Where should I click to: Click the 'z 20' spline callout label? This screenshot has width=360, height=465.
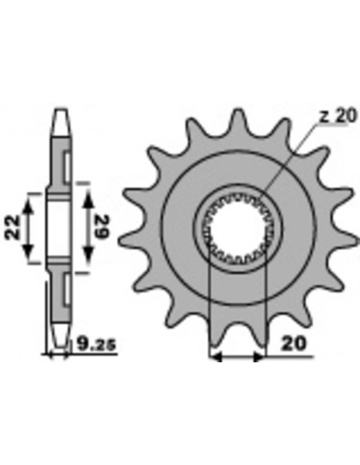pyautogui.click(x=338, y=116)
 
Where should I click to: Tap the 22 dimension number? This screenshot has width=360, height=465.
pyautogui.click(x=13, y=228)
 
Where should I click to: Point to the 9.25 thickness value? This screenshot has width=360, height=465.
pyautogui.click(x=96, y=345)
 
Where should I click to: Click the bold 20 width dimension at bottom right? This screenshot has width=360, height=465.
pyautogui.click(x=292, y=344)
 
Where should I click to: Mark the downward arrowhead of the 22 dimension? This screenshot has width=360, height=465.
pyautogui.click(x=28, y=251)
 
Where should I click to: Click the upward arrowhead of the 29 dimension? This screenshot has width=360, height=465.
pyautogui.click(x=88, y=197)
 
